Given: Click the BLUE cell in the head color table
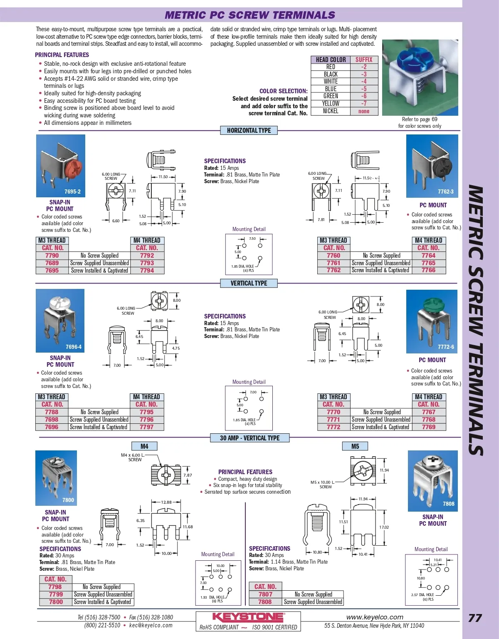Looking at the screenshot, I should tap(331, 89).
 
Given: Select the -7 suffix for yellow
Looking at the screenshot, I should tap(364, 103).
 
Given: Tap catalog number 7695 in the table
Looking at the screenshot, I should tap(52, 270).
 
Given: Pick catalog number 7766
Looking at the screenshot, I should tap(428, 270).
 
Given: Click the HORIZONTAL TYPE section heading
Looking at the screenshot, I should tap(249, 130).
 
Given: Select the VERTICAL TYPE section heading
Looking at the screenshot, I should tap(249, 283).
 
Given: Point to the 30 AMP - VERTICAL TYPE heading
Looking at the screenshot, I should tap(249, 438).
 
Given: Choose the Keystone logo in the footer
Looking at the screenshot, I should tap(248, 617).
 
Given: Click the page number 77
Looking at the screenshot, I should tap(475, 618).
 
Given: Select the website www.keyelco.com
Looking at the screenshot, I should tap(375, 617).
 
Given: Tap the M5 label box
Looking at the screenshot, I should tap(355, 446).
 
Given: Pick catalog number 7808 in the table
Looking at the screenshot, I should tap(265, 602).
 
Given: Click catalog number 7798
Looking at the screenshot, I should tap(55, 587).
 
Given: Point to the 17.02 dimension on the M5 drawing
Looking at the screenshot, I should tap(384, 527).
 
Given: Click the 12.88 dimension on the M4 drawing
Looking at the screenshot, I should tap(166, 502).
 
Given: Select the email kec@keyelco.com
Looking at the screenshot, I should tap(151, 625).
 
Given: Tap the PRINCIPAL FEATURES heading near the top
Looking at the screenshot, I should tap(62, 55).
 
